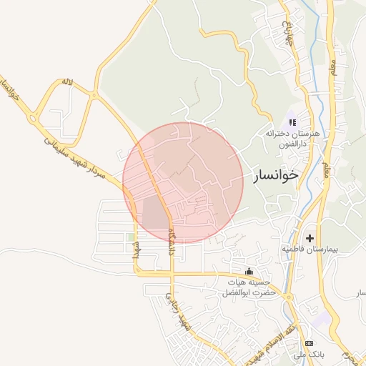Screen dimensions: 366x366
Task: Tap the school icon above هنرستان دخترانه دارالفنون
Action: (292, 122)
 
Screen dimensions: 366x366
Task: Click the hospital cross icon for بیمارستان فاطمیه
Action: (310, 237)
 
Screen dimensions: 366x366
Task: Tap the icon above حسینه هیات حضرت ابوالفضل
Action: (249, 272)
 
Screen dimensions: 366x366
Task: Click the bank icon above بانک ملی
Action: (309, 345)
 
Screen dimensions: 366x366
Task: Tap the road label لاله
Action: (68, 83)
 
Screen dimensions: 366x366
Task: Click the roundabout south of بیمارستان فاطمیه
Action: (289, 297)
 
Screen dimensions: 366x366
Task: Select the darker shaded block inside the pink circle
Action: (154, 212)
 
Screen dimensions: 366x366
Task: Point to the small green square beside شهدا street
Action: (130, 237)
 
